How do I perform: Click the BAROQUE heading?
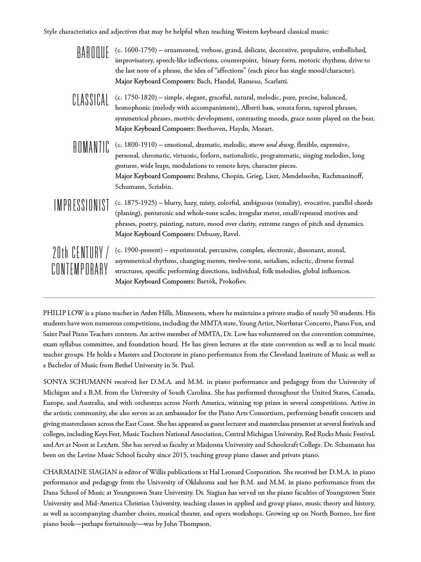93,53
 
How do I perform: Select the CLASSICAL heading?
91,100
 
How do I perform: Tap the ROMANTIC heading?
91,147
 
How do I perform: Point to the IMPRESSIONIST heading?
81,205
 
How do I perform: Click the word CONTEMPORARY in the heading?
80,269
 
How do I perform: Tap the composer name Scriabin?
158,186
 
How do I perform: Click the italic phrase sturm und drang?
271,144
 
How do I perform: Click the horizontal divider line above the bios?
209,297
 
